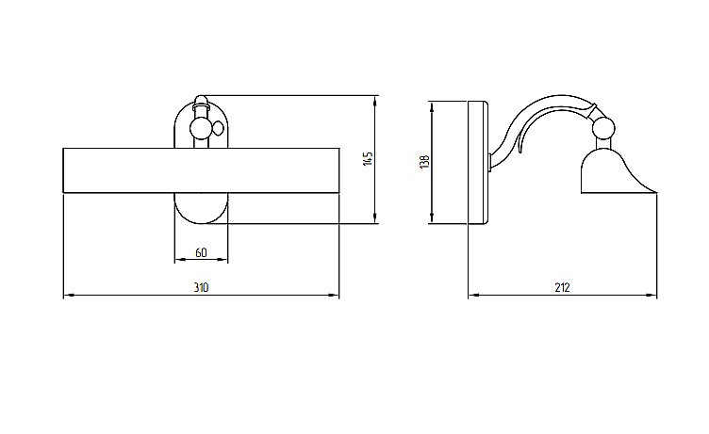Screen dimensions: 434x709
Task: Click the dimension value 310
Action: [201, 287]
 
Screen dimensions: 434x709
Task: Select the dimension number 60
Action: [201, 252]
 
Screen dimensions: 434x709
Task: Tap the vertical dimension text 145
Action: [370, 158]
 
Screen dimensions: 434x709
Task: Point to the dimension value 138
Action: [425, 162]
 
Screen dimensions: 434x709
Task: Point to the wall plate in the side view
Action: [477, 162]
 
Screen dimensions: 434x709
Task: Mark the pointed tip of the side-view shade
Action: [653, 191]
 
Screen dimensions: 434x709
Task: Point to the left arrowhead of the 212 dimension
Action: [472, 296]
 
